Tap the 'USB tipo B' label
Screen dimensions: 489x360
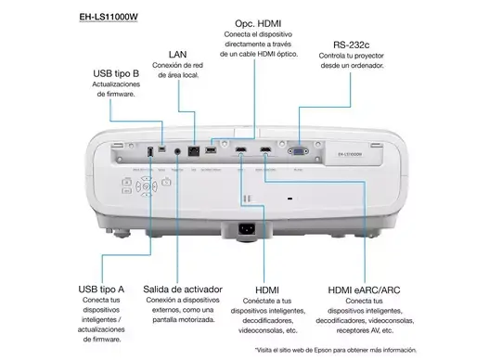tap(114, 74)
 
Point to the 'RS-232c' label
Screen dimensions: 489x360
tap(352, 45)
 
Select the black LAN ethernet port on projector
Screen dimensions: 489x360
tap(193, 150)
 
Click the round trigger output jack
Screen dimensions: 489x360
tap(175, 150)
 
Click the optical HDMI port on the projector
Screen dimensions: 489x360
tap(212, 149)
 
